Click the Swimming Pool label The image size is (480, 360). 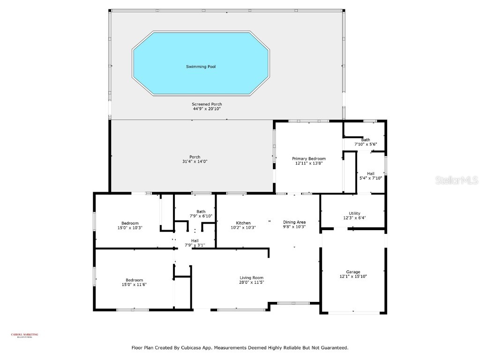click(x=201, y=67)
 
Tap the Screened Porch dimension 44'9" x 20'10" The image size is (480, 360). click(x=207, y=109)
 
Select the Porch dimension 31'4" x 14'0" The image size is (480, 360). click(x=195, y=161)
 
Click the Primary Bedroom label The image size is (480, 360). click(x=309, y=158)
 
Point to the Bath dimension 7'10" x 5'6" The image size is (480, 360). click(x=365, y=144)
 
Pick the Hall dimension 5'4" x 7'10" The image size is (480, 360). click(x=370, y=178)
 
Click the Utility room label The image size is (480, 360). click(x=354, y=213)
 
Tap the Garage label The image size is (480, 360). click(x=353, y=272)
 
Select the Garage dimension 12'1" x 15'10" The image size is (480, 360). click(x=353, y=277)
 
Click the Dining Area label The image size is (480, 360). click(x=294, y=222)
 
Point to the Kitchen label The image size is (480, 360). click(x=243, y=223)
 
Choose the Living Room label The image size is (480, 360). click(x=252, y=277)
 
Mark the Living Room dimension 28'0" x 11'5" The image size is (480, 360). click(x=252, y=282)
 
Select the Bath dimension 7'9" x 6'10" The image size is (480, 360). click(x=201, y=216)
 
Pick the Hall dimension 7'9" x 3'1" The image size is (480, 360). click(x=195, y=245)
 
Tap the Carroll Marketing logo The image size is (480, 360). click(x=24, y=335)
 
